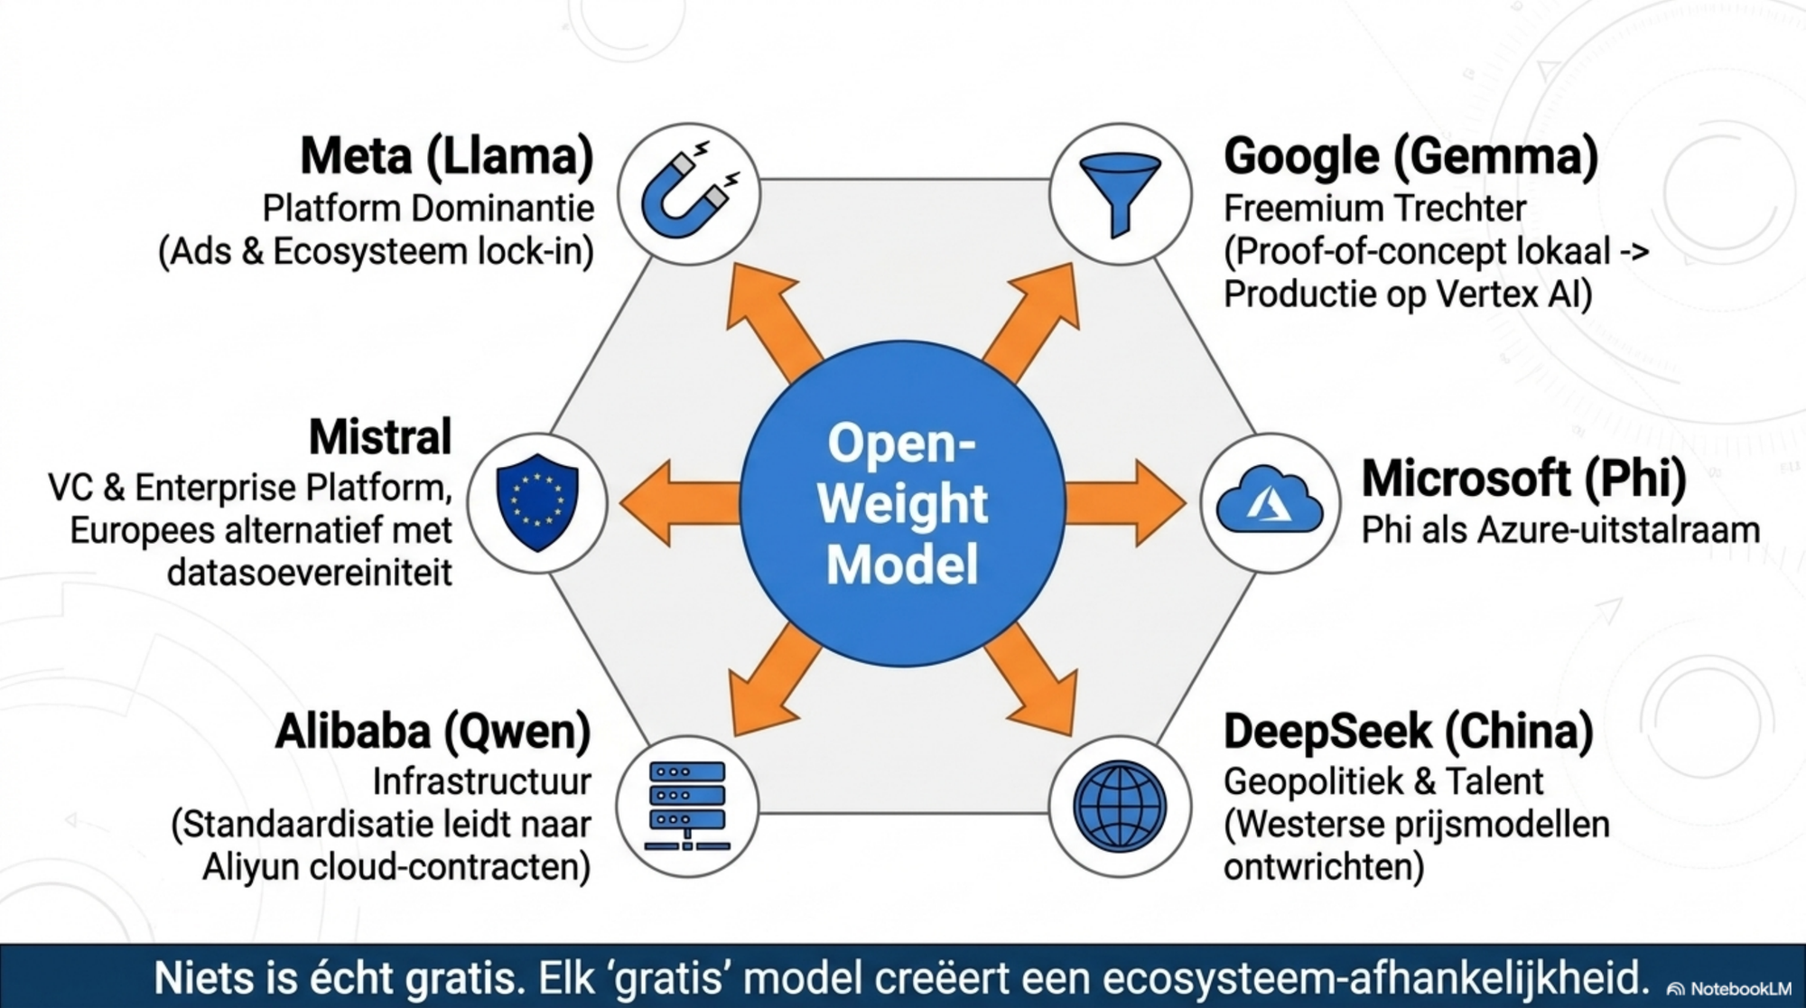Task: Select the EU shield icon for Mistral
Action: (537, 502)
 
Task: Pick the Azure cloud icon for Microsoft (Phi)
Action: (1270, 502)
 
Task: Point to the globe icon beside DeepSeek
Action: (1120, 806)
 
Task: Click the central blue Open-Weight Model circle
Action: (902, 503)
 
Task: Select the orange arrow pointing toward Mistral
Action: (679, 503)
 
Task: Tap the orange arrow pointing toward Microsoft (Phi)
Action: (1125, 503)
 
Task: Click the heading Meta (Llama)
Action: (447, 155)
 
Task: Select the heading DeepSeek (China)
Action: (1409, 731)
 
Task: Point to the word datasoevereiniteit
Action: (309, 573)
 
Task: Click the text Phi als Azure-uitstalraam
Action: (1560, 530)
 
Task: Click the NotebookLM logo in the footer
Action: (1728, 989)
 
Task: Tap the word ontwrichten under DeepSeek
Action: (1323, 867)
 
